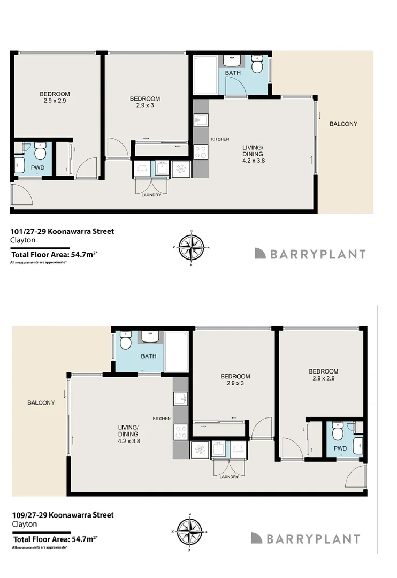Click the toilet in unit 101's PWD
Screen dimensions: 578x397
pyautogui.click(x=40, y=151)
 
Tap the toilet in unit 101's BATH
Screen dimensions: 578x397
pyautogui.click(x=257, y=65)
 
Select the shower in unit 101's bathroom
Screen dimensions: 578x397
pyautogui.click(x=205, y=74)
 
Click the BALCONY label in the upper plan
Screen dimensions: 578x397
pyautogui.click(x=343, y=124)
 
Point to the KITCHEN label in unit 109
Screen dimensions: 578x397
pyautogui.click(x=162, y=419)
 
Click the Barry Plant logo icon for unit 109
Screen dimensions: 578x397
pyautogui.click(x=257, y=538)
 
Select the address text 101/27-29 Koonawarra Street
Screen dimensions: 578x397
pyautogui.click(x=62, y=232)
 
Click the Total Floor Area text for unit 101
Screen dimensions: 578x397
pyautogui.click(x=54, y=254)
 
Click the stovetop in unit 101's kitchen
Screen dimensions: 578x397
pyautogui.click(x=201, y=152)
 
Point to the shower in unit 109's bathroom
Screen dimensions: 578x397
pyautogui.click(x=176, y=351)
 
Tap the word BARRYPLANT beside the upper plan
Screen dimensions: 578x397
pyautogui.click(x=318, y=254)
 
